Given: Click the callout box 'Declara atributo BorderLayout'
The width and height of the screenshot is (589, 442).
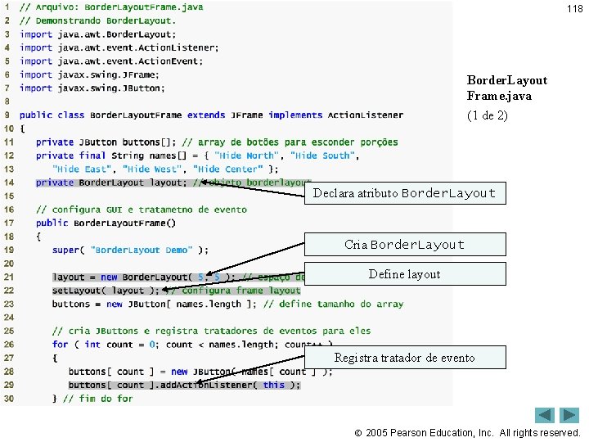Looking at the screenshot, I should (x=404, y=193).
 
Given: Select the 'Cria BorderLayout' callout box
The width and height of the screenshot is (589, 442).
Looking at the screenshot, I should (x=404, y=245).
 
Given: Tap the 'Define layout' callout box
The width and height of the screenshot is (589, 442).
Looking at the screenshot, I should (x=404, y=274).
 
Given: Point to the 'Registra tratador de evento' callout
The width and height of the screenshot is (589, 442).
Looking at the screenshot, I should (x=404, y=358).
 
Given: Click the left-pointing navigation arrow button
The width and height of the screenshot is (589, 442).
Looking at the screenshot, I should (x=545, y=415).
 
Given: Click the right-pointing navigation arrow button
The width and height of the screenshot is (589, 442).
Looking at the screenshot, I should (x=569, y=415).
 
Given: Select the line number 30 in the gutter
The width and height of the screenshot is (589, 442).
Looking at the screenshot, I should (x=8, y=399).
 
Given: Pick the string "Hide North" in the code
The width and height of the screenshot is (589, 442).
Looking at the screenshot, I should (x=245, y=156).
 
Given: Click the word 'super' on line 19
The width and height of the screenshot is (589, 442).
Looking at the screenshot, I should (x=66, y=250).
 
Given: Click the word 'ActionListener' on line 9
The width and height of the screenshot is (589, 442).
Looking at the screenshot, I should (x=365, y=115).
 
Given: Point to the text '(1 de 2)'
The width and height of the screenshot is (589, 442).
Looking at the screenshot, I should (x=487, y=115).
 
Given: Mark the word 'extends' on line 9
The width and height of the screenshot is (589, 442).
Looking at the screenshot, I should (x=206, y=115).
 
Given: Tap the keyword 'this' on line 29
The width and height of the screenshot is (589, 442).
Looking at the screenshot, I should (x=274, y=385).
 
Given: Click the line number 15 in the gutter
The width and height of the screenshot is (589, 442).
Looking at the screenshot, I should (x=8, y=196).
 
